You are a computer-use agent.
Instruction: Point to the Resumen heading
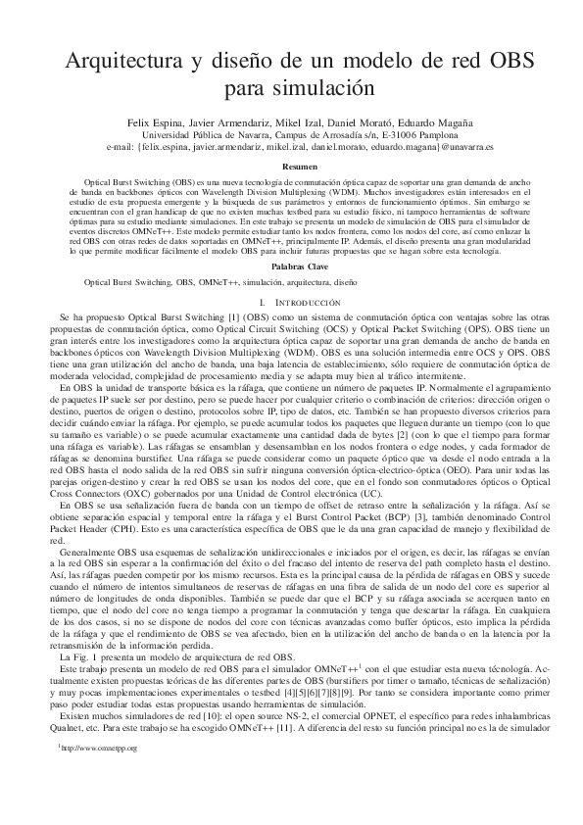[292, 168]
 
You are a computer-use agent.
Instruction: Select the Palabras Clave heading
[292, 267]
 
